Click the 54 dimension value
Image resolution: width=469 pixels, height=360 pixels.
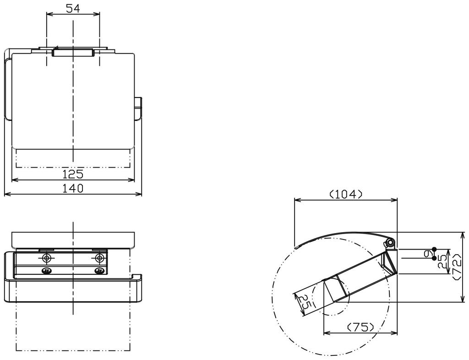coord(73,8)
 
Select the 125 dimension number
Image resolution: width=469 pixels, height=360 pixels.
coord(73,174)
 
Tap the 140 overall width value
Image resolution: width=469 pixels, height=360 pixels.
coord(73,188)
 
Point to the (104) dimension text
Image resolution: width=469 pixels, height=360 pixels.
coord(346,194)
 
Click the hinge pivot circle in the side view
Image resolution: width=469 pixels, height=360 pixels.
coord(390,241)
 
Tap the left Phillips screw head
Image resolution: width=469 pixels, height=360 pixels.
coord(46,271)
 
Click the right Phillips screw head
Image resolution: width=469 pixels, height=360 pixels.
coord(99,271)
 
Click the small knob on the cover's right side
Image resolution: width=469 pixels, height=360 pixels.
coord(139,108)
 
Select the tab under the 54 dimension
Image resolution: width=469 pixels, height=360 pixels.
coord(73,53)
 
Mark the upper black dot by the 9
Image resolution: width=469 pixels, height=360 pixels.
coord(434,249)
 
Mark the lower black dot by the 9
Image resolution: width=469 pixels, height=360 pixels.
coord(434,258)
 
